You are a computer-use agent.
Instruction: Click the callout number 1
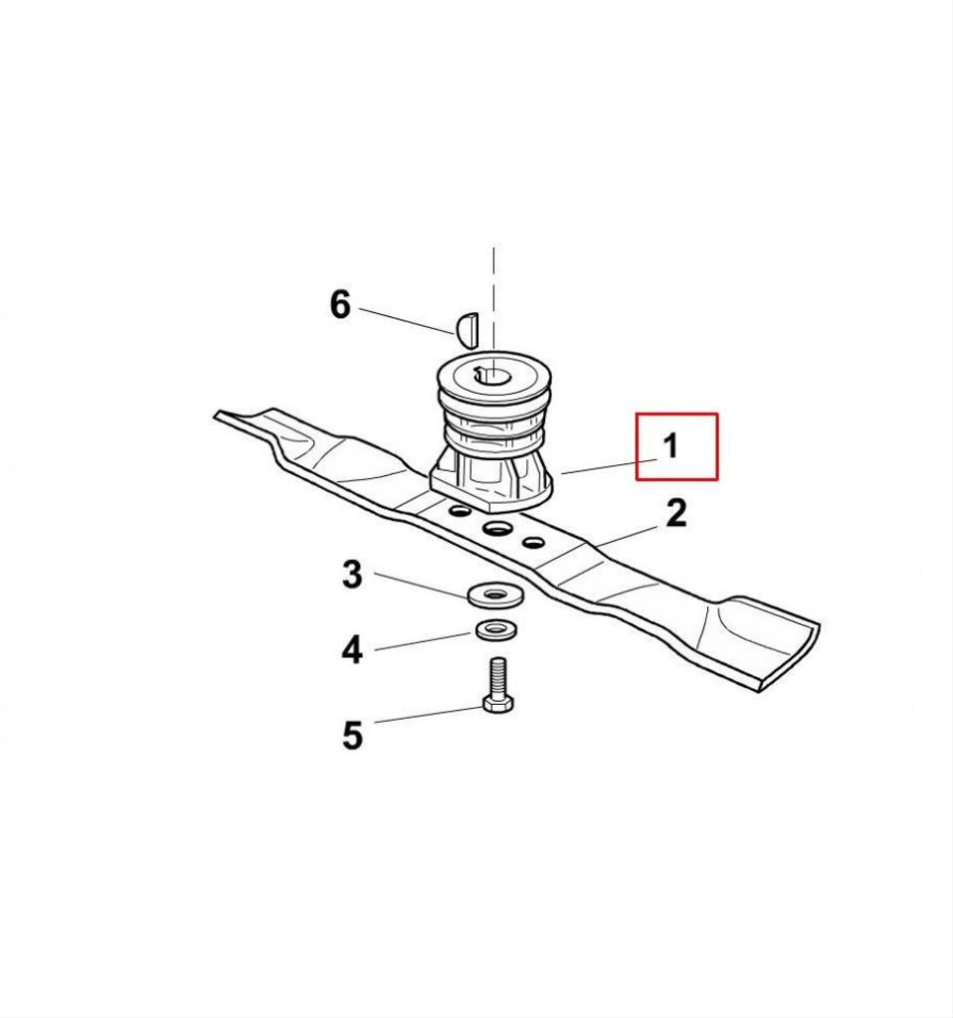click(x=670, y=446)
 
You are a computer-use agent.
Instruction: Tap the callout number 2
click(x=676, y=514)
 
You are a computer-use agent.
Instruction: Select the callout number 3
click(x=352, y=575)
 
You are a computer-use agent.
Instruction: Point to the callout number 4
click(x=352, y=649)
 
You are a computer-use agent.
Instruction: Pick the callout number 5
click(x=352, y=736)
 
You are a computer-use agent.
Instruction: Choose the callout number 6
click(x=340, y=304)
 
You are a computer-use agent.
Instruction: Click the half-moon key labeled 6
click(x=467, y=328)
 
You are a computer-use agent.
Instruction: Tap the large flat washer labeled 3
click(x=495, y=595)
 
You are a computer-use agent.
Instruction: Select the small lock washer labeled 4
click(x=496, y=629)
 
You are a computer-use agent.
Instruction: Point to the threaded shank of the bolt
click(x=498, y=676)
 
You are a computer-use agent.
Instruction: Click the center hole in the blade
click(x=497, y=528)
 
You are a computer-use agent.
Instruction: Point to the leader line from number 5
click(x=430, y=714)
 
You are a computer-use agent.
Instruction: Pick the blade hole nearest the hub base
click(x=460, y=512)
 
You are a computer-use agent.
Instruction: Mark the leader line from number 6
click(x=407, y=321)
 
